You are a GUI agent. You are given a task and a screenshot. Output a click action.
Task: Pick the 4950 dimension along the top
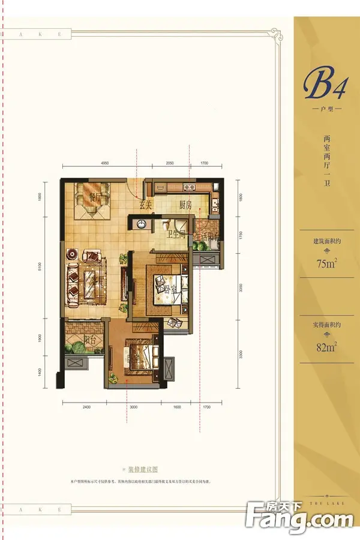106,163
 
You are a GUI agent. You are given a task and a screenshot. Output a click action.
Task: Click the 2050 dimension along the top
169,163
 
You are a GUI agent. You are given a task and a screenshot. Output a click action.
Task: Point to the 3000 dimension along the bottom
133,407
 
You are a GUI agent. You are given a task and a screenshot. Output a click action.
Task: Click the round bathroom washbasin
141,224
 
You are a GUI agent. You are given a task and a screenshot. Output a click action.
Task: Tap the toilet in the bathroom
165,226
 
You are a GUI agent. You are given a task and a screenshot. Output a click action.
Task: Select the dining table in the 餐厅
92,199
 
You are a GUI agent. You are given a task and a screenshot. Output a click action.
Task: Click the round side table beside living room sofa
70,253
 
